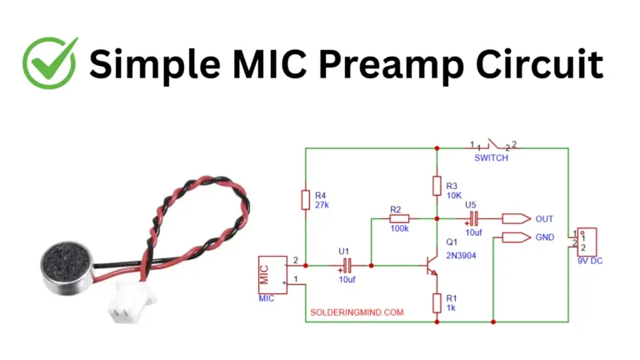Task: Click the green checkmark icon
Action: coord(49,62)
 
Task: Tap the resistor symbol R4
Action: coord(306,200)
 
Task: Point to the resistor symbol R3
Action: coord(436,185)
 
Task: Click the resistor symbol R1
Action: coord(436,303)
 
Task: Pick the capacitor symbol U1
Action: coord(347,266)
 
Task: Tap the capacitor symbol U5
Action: coord(472,219)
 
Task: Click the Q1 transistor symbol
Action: coord(429,267)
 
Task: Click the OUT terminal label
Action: coord(544,219)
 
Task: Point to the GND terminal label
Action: coord(544,237)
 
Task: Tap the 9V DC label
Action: coord(588,262)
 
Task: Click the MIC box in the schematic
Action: coord(272,272)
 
